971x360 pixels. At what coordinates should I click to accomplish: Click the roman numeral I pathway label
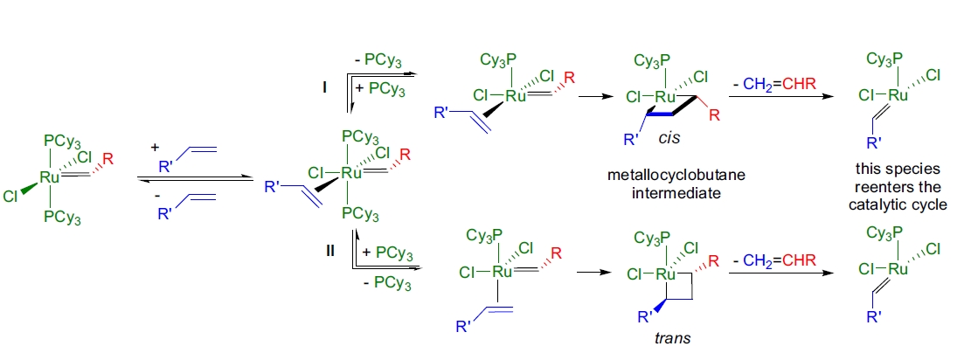323,88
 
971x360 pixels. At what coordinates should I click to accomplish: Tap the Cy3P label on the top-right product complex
884,59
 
